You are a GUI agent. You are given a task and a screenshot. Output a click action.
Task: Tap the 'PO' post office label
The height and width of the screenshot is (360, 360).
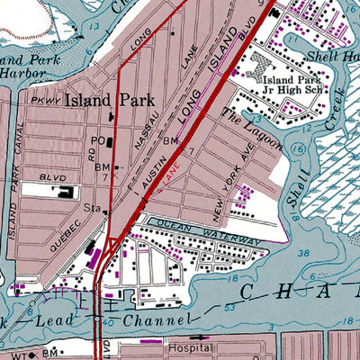(x=97, y=141)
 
